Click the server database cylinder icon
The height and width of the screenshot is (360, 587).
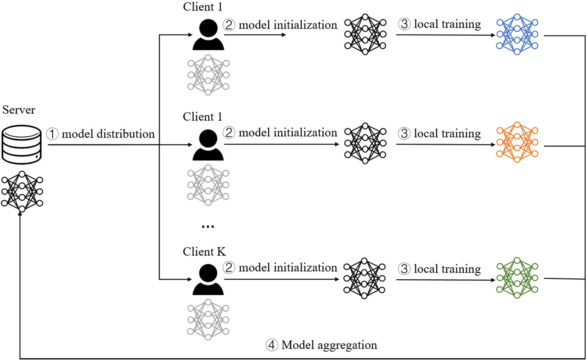(x=21, y=144)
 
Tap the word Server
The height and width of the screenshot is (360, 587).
(x=19, y=110)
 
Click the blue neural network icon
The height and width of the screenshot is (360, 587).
(x=517, y=34)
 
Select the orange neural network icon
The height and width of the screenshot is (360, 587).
(x=517, y=142)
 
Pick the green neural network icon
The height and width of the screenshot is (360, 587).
(x=517, y=278)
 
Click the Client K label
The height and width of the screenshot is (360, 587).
(x=204, y=252)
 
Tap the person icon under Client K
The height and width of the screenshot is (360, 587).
(x=208, y=280)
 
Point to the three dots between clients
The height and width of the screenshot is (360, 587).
(x=208, y=227)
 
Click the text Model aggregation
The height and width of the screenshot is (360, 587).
(x=329, y=345)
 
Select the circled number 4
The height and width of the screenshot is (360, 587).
(x=272, y=345)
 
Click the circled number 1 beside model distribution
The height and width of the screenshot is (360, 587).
(x=52, y=134)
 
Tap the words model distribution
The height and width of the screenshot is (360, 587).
(x=108, y=134)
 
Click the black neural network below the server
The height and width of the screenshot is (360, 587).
(x=22, y=192)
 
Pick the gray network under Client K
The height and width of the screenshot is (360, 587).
(x=208, y=320)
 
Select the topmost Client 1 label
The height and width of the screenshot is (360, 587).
(x=202, y=7)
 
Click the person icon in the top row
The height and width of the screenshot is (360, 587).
(x=208, y=35)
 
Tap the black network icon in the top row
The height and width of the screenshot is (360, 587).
(x=365, y=34)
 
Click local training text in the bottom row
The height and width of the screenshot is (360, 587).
(x=447, y=269)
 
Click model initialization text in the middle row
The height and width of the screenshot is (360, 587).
(x=288, y=133)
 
